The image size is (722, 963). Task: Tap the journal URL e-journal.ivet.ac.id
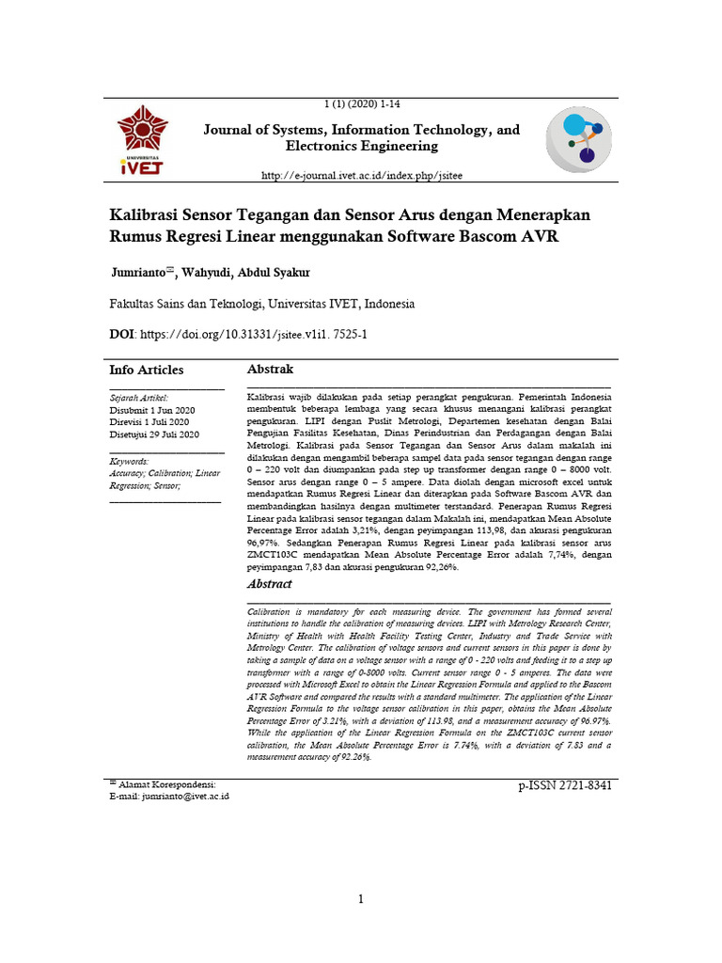pyautogui.click(x=361, y=176)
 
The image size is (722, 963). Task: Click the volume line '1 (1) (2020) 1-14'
pyautogui.click(x=361, y=104)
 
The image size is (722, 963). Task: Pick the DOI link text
pyautogui.click(x=253, y=334)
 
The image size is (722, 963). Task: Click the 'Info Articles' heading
pyautogui.click(x=147, y=370)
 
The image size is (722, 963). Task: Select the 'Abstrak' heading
pyautogui.click(x=270, y=370)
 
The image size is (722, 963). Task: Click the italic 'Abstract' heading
pyautogui.click(x=269, y=584)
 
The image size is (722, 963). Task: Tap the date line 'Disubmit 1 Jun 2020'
pyautogui.click(x=152, y=411)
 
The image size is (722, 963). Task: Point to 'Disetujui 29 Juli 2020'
pyautogui.click(x=154, y=435)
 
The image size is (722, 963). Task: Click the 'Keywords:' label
pyautogui.click(x=129, y=462)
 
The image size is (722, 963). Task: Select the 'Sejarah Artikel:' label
pyautogui.click(x=139, y=399)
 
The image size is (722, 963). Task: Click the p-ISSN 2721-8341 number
pyautogui.click(x=564, y=785)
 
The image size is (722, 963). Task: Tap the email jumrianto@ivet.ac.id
pyautogui.click(x=184, y=796)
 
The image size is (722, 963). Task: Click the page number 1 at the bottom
pyautogui.click(x=361, y=900)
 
